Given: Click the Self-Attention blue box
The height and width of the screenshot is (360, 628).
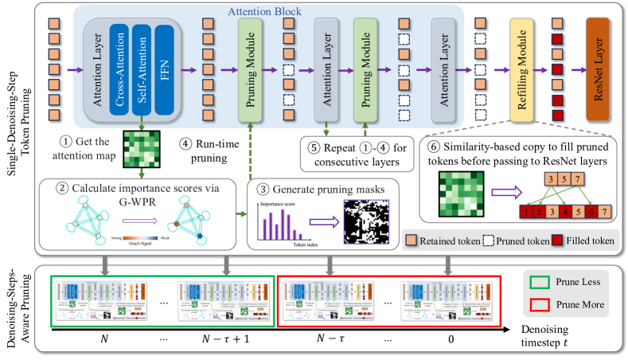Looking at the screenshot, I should [142, 68].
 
